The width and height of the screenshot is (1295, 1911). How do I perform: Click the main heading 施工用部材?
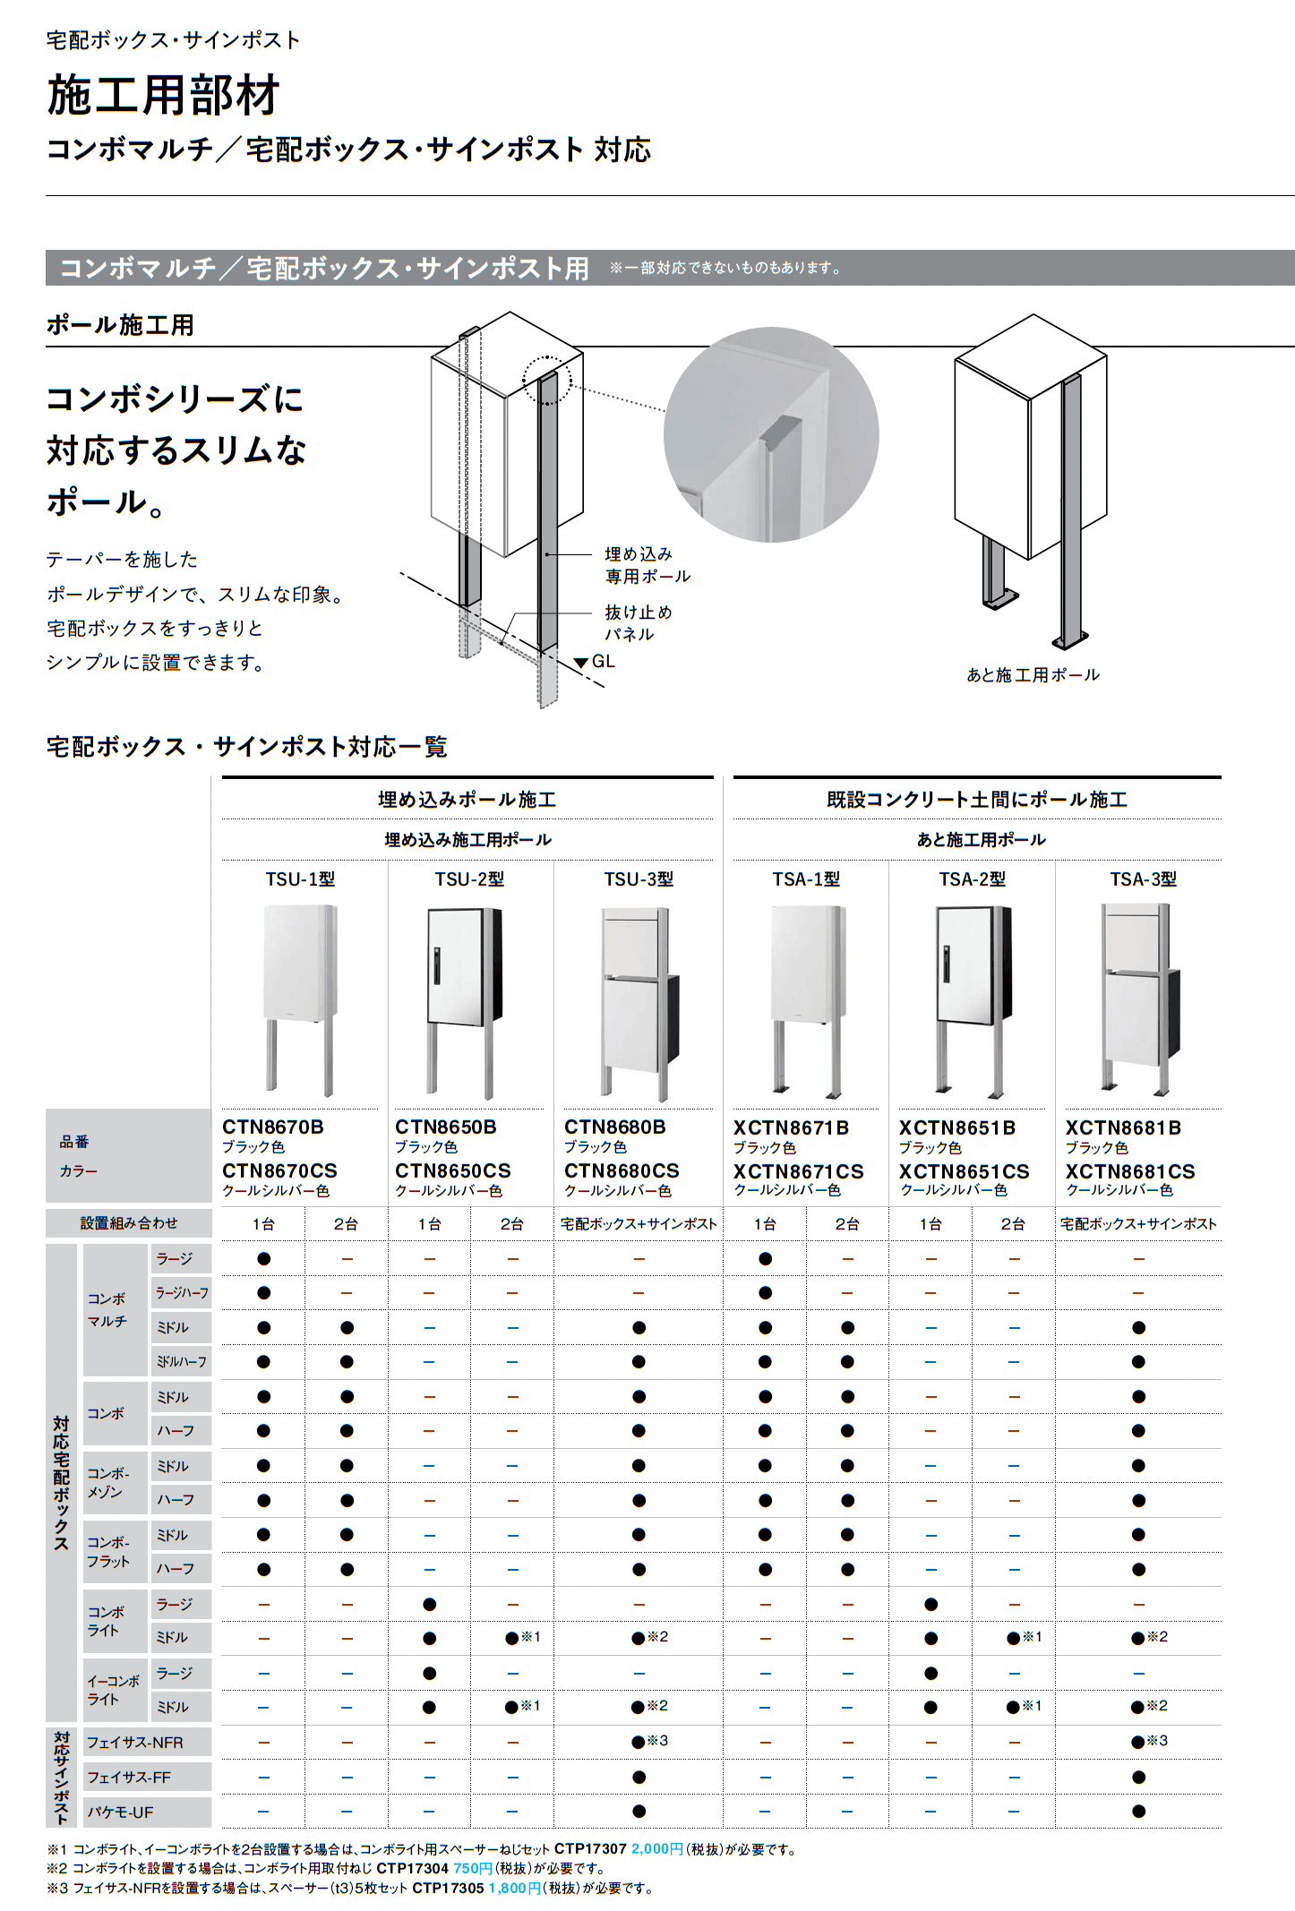click(x=163, y=96)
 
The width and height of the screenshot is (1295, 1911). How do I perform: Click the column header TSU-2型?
click(x=469, y=879)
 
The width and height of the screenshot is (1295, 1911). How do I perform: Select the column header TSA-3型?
click(x=1143, y=879)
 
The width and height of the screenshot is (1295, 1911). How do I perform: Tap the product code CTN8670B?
click(x=272, y=1127)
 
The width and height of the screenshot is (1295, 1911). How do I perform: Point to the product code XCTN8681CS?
click(x=1129, y=1171)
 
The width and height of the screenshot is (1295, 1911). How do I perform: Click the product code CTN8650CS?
click(x=452, y=1170)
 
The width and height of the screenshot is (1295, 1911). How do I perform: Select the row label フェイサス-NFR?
click(x=134, y=1742)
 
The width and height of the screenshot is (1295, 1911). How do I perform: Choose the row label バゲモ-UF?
click(x=120, y=1812)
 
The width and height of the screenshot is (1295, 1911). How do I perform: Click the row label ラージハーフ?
click(x=182, y=1293)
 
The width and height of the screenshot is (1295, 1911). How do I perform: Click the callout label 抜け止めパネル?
click(x=638, y=622)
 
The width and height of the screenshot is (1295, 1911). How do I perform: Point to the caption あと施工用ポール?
click(x=1033, y=675)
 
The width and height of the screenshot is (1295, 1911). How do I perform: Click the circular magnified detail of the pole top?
click(x=771, y=434)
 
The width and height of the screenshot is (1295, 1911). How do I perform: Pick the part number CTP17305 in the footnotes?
click(x=448, y=1888)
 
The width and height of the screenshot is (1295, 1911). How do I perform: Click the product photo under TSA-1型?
click(x=806, y=1001)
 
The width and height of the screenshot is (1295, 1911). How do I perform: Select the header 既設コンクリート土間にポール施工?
click(x=976, y=799)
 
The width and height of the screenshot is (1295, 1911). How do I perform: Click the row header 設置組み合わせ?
click(x=129, y=1223)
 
